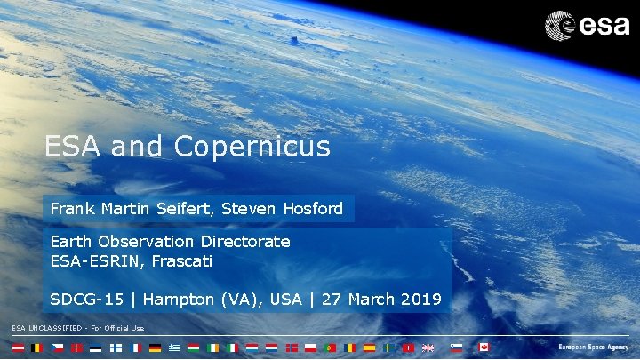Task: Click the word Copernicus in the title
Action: (252, 147)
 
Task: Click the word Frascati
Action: (180, 261)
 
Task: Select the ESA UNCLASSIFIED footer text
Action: (77, 329)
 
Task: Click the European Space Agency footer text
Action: (593, 348)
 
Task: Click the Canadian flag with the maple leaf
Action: (484, 348)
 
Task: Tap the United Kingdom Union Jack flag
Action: (428, 348)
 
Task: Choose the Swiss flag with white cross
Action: (408, 348)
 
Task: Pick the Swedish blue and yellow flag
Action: (388, 348)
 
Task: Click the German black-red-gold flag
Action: (155, 348)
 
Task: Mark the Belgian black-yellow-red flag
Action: (36, 348)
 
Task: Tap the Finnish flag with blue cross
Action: (116, 348)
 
